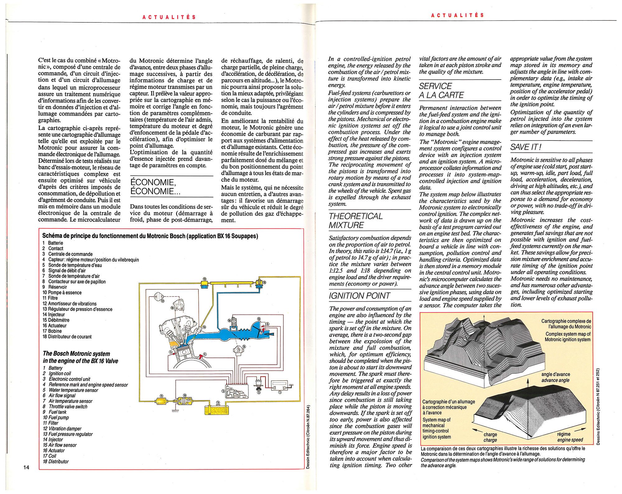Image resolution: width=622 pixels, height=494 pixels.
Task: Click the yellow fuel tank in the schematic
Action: coord(217,410)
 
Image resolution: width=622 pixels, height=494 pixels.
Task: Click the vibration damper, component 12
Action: coord(205,284)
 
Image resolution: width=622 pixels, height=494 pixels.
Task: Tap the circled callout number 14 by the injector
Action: coord(204,327)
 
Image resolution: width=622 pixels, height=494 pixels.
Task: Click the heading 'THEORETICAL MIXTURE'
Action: coord(355,220)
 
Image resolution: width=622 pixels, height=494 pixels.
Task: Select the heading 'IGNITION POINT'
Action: coord(359,296)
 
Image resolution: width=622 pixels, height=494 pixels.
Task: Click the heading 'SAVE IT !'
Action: coord(526,147)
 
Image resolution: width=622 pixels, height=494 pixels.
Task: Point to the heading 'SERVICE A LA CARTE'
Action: coord(441,90)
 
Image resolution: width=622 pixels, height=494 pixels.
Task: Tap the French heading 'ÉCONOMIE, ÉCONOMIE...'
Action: coord(155,187)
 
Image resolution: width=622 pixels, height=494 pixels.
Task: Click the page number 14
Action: coord(26,467)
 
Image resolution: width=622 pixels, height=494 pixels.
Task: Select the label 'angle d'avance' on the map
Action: coord(555,374)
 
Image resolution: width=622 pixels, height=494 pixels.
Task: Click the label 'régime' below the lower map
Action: coord(564,434)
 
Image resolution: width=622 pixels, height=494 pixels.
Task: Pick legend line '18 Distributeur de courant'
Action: coord(67,337)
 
